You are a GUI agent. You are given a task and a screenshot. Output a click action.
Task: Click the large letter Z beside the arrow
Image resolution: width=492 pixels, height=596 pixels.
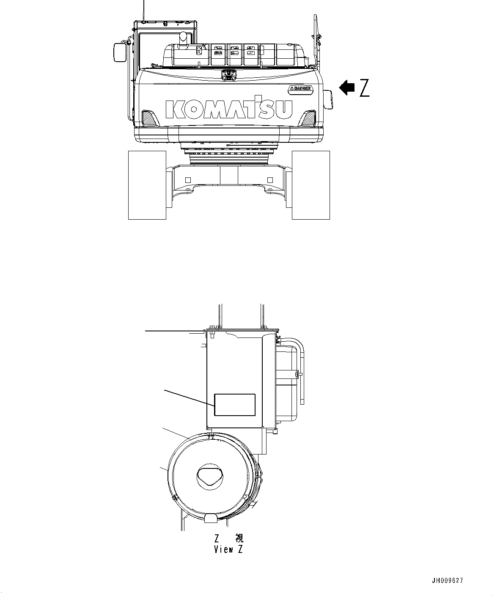[364, 88]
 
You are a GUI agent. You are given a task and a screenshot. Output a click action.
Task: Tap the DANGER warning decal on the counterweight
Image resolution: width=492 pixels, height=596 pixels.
[301, 88]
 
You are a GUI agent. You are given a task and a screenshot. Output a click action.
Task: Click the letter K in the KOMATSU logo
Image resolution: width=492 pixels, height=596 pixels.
[174, 109]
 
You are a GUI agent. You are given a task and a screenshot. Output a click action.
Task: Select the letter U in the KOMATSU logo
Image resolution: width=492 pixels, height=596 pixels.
[285, 109]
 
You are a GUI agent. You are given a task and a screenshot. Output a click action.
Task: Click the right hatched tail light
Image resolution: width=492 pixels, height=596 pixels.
[308, 117]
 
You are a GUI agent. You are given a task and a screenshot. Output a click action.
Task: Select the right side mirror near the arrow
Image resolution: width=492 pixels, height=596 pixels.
[329, 100]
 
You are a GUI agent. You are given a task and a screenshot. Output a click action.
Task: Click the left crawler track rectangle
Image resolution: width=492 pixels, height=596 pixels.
[147, 185]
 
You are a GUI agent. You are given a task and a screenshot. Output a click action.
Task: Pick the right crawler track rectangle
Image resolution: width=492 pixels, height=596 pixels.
[311, 185]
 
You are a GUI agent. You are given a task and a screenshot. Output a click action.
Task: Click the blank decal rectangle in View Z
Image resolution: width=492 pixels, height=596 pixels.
[235, 405]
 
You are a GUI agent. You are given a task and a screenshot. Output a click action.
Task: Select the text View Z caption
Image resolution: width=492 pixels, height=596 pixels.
[228, 549]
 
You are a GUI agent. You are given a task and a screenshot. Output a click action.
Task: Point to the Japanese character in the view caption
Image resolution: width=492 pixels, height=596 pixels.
[239, 539]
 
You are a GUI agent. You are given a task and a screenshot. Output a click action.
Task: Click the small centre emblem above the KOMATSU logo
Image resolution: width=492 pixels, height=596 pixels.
[228, 75]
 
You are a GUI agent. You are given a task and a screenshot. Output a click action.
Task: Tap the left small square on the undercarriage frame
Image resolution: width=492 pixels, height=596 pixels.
[188, 180]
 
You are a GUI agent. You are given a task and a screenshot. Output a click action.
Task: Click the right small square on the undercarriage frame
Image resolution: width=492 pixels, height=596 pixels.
[270, 180]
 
